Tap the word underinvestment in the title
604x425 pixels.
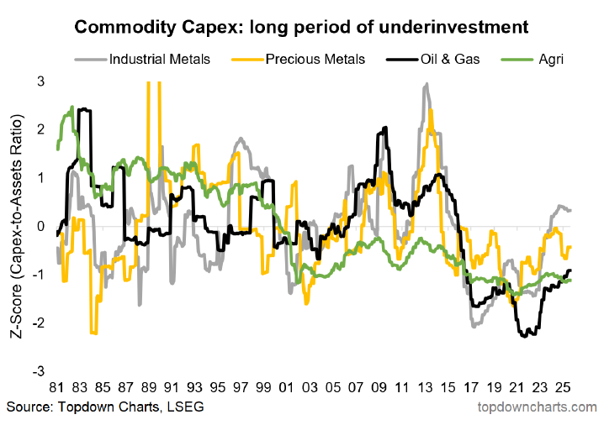point(453,27)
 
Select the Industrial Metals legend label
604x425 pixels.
point(160,60)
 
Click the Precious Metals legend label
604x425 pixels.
point(315,60)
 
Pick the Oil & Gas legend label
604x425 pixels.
point(450,60)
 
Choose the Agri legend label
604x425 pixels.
point(551,60)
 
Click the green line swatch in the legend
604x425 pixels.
point(517,60)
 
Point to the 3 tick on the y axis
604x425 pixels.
point(41,81)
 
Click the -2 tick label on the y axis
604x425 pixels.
point(39,323)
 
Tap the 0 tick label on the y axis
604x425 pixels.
point(41,226)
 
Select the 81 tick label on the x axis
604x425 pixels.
point(56,387)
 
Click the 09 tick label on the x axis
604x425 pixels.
point(379,387)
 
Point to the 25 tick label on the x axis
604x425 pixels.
point(563,387)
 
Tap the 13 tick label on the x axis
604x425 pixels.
point(425,387)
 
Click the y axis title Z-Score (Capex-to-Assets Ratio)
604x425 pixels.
point(17,227)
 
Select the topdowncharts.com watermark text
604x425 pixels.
point(537,407)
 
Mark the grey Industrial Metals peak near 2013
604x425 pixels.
point(426,83)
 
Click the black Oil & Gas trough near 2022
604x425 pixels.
point(524,337)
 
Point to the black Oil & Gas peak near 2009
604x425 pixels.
point(385,128)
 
